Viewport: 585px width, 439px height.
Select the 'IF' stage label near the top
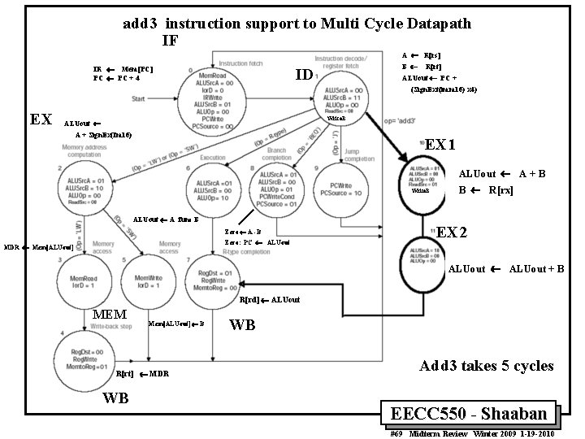169,41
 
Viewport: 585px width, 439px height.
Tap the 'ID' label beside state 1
304,75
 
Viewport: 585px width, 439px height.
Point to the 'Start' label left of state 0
141,99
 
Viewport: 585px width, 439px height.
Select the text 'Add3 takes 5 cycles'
486,366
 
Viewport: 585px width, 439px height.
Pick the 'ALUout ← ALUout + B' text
505,269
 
